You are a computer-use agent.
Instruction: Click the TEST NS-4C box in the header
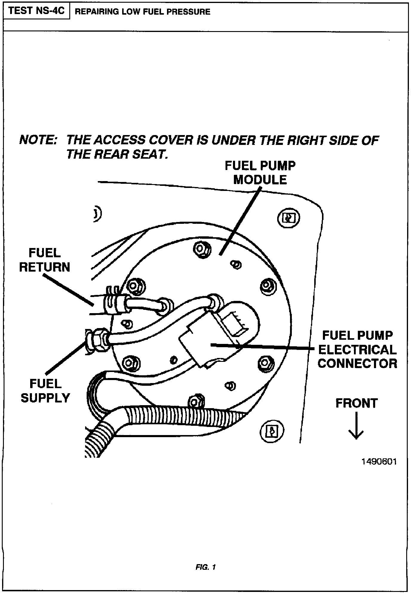[x=36, y=11]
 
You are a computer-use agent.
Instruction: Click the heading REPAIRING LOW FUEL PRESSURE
[x=142, y=12]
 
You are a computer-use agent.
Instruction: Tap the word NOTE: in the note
[x=38, y=140]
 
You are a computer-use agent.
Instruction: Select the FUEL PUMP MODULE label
[x=260, y=173]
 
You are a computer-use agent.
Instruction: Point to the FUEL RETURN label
[x=45, y=260]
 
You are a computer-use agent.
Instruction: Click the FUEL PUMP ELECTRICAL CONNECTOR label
[x=357, y=349]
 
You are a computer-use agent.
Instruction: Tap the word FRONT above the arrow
[x=357, y=403]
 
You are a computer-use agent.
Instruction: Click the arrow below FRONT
[x=356, y=425]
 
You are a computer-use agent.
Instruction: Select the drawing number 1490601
[x=379, y=462]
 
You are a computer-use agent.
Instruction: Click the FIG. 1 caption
[x=205, y=567]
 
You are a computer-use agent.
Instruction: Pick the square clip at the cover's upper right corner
[x=289, y=218]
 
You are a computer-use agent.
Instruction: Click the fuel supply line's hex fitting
[x=98, y=339]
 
